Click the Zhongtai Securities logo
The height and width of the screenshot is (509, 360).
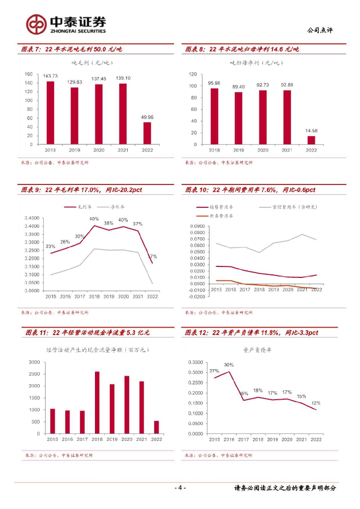[x=66, y=24]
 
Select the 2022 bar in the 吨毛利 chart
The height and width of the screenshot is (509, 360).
[x=147, y=133]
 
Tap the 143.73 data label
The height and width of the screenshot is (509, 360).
[x=50, y=76]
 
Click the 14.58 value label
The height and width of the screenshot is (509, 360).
[x=311, y=131]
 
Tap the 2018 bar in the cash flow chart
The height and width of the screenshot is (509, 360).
[x=97, y=403]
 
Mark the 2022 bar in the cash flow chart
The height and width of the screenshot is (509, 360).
[x=157, y=427]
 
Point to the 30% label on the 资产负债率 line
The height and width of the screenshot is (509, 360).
[x=229, y=365]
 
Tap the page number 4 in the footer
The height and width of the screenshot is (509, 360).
[x=180, y=488]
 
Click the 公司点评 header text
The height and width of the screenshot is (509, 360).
[x=320, y=30]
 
